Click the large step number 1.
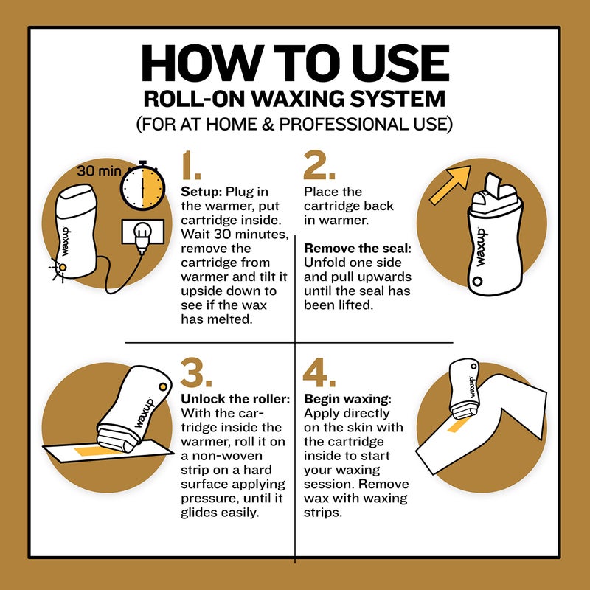pos(193,168)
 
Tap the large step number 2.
pos(320,168)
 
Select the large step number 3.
pos(197,375)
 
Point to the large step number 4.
pos(320,375)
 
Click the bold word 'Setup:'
pos(201,192)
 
